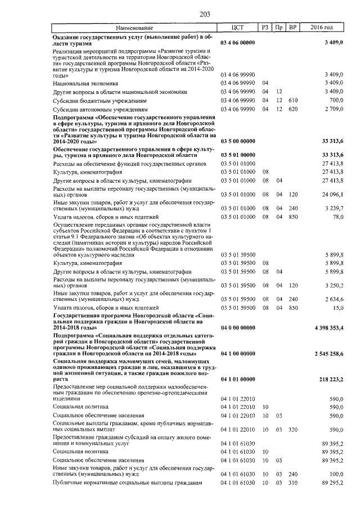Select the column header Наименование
[135, 28]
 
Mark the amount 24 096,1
[332, 194]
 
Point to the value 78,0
[336, 217]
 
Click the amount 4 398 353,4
[325, 328]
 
